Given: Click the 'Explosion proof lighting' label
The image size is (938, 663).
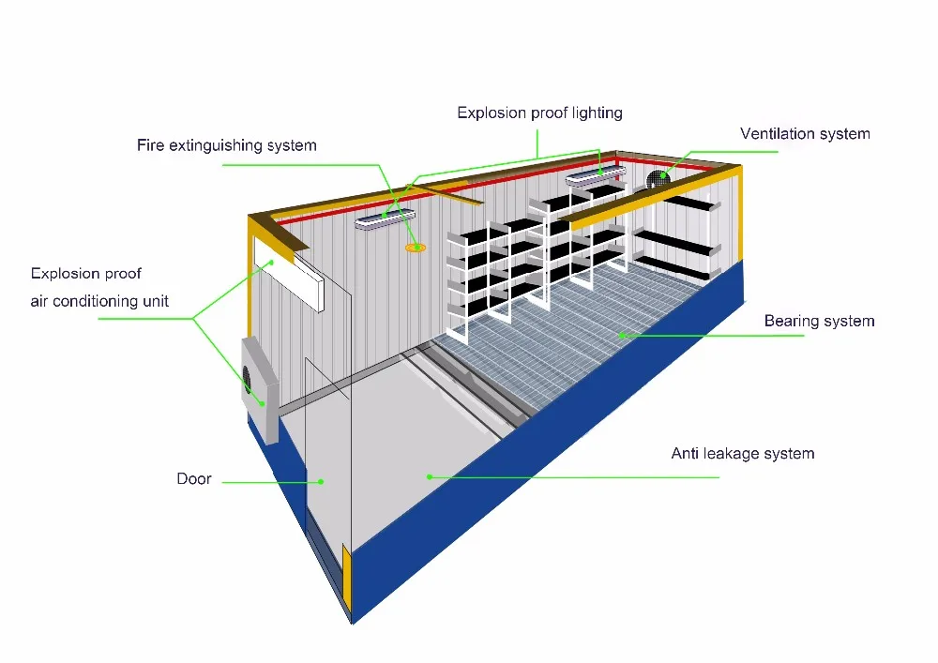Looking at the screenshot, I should (539, 113).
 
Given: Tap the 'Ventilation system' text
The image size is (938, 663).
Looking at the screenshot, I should (805, 134).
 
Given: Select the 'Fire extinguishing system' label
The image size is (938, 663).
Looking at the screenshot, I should (227, 145).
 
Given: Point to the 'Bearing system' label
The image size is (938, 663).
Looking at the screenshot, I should (819, 322).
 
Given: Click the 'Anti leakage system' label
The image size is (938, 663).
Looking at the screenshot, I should (742, 454).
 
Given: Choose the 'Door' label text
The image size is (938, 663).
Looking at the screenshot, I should (194, 479).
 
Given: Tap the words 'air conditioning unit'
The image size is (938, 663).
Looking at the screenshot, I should (99, 301).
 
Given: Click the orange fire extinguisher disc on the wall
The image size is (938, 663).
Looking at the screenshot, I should (415, 248).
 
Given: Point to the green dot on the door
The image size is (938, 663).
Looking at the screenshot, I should (321, 482).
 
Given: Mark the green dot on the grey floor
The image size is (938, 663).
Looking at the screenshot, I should (430, 476).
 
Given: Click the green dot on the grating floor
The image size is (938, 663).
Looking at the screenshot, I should (620, 333).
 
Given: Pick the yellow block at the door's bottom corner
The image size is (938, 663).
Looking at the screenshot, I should (347, 573).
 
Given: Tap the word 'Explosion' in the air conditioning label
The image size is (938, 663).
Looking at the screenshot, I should (64, 274).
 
